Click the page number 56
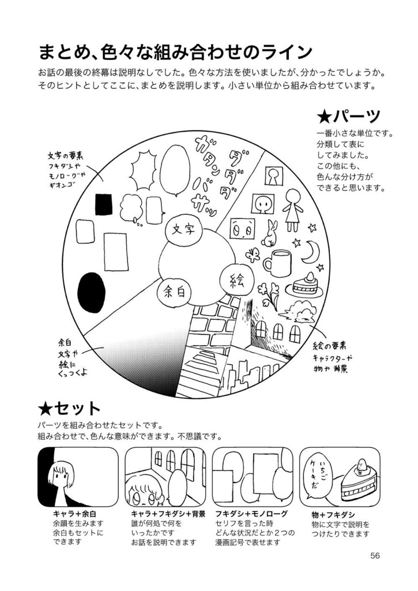pyautogui.click(x=375, y=556)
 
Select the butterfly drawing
pyautogui.click(x=253, y=255)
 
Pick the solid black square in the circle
pyautogui.click(x=103, y=204)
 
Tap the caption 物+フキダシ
pyautogui.click(x=333, y=514)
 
